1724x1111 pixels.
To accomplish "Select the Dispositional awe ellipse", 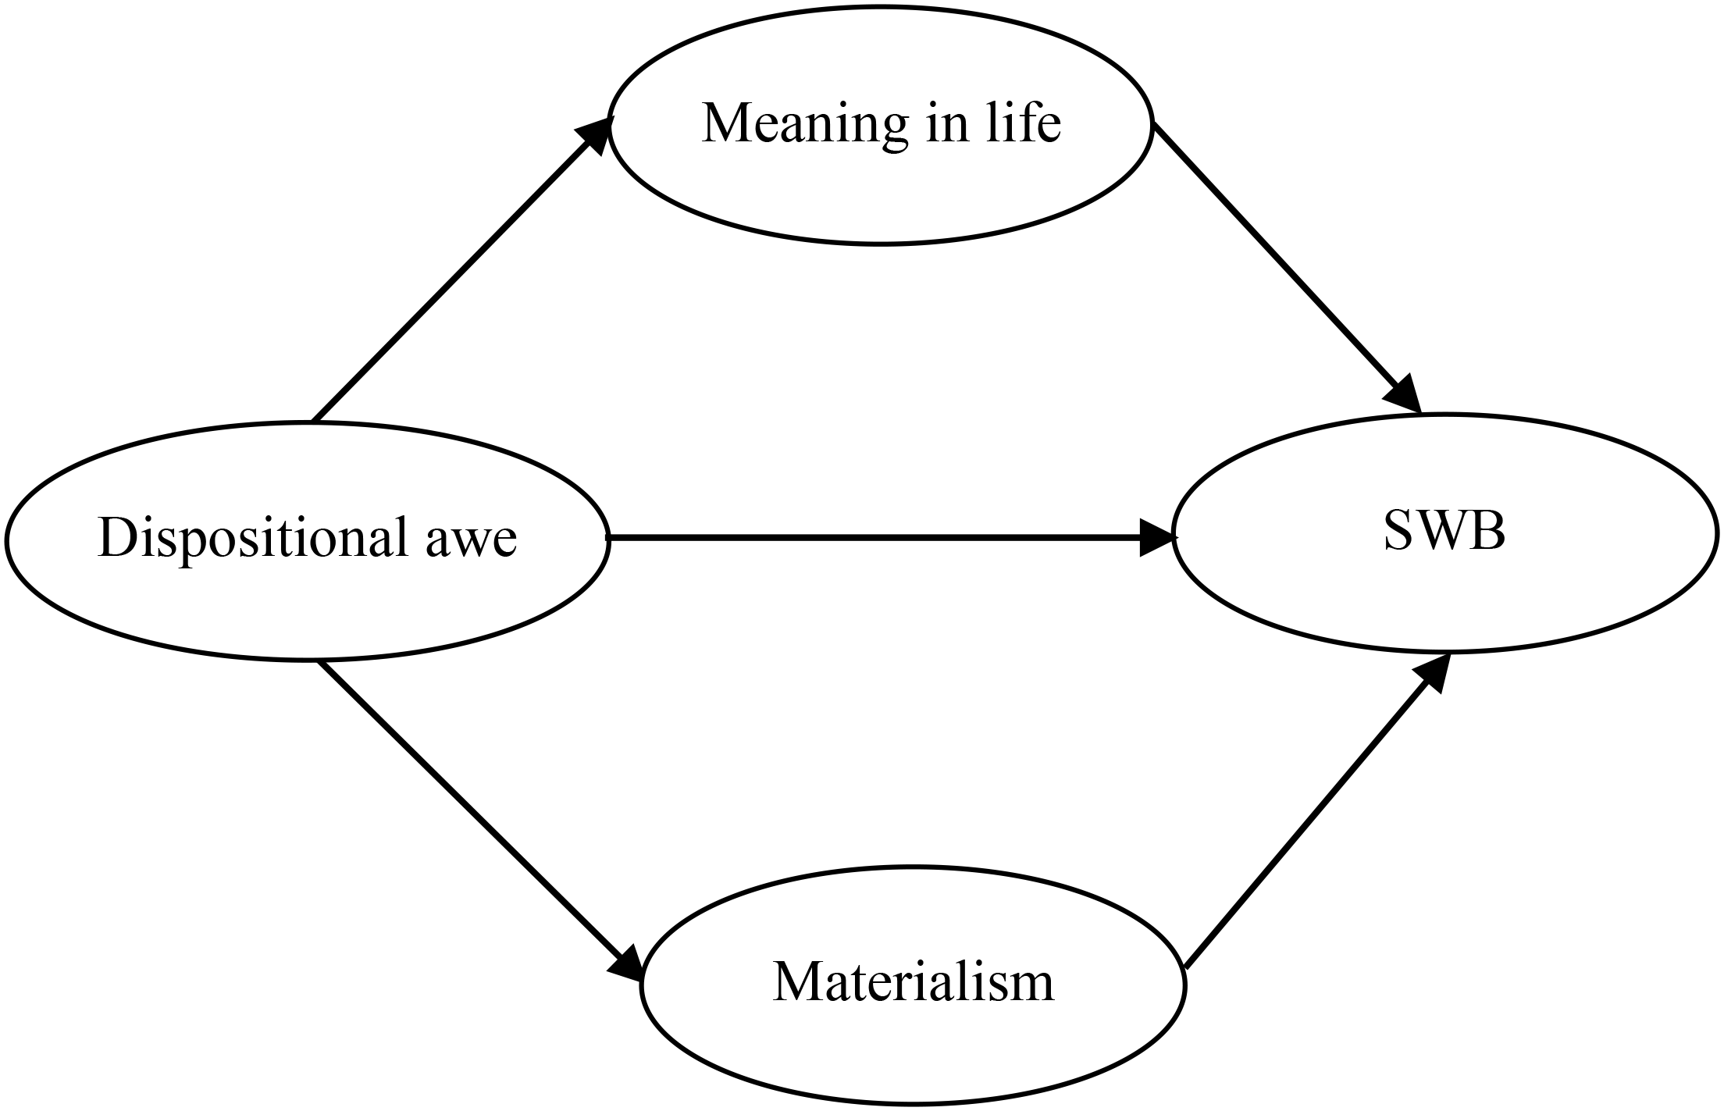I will (306, 609).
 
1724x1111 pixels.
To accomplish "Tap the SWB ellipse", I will (1444, 601).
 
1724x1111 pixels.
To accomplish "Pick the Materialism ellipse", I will (914, 1054).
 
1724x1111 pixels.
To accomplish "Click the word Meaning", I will (805, 125).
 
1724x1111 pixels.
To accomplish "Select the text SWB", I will (1444, 532).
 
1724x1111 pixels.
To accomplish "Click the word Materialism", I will (914, 982).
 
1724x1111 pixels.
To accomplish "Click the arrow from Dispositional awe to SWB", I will (874, 538).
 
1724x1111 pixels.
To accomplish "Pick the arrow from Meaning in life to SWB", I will (1281, 262).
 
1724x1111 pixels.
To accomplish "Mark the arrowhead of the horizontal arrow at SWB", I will (1157, 538).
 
